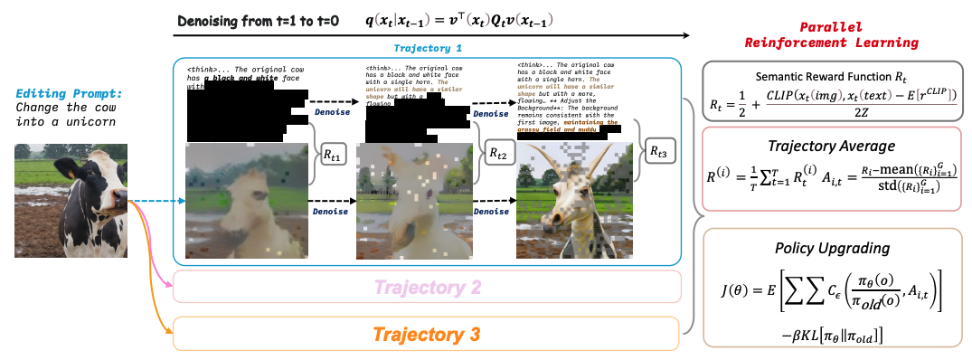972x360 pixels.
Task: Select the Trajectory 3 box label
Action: (x=426, y=335)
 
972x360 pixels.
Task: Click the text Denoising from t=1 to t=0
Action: (x=259, y=20)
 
